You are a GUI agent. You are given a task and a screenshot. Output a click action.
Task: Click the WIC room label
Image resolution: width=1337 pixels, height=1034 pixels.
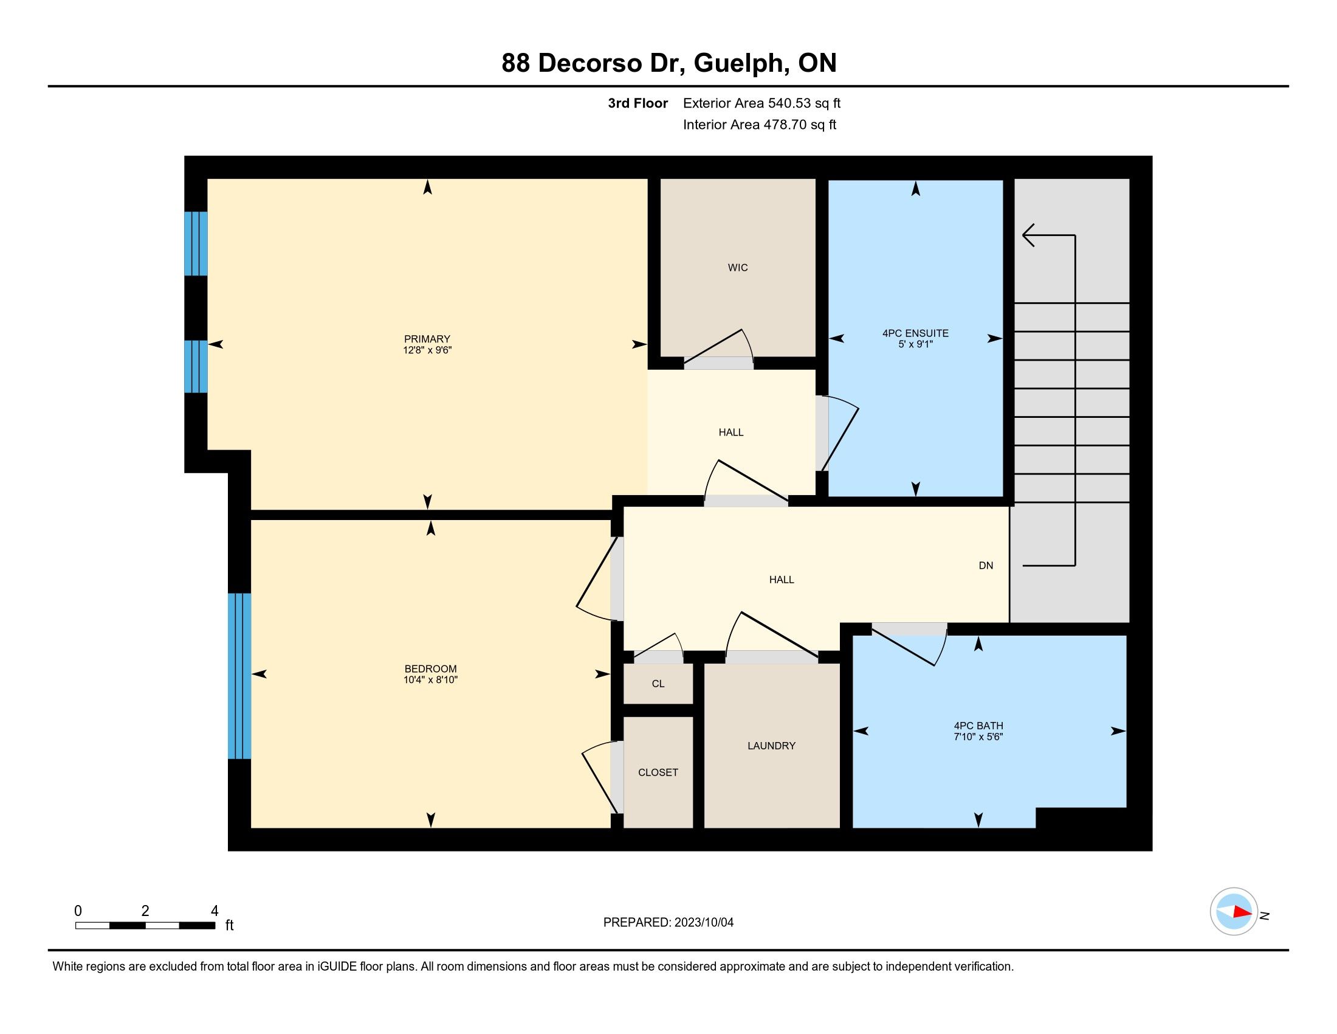(x=738, y=268)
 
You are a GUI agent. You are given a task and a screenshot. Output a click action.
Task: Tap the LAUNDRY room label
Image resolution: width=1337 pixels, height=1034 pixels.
(x=771, y=746)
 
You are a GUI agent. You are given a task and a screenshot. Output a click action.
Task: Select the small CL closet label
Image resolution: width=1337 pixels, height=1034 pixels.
(x=658, y=684)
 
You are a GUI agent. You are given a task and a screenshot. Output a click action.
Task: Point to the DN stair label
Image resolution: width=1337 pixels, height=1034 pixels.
(x=986, y=566)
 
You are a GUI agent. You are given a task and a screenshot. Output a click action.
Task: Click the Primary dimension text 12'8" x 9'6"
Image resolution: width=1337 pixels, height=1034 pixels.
(x=427, y=350)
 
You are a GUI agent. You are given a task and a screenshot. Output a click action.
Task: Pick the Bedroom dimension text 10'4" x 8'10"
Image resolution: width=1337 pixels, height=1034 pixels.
(x=430, y=680)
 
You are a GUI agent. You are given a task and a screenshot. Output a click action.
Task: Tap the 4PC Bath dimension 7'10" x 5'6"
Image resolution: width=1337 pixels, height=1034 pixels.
(x=978, y=737)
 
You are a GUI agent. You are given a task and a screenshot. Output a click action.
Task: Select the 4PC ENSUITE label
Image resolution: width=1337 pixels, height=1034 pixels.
(x=915, y=333)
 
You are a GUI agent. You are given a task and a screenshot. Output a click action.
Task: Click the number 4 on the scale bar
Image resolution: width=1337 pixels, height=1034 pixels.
(x=215, y=911)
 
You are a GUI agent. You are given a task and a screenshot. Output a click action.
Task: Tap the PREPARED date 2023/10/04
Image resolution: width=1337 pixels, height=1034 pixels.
(x=704, y=923)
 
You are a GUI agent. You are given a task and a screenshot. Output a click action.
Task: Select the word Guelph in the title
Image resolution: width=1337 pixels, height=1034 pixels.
(x=741, y=63)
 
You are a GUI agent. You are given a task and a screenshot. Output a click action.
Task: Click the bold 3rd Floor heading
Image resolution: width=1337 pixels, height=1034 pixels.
(x=638, y=103)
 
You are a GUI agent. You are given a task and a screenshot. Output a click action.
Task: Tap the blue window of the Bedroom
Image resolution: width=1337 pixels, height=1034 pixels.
(x=239, y=676)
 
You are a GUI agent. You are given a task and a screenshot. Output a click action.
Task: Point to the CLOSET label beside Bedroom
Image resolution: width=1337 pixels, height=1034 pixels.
(x=658, y=772)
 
